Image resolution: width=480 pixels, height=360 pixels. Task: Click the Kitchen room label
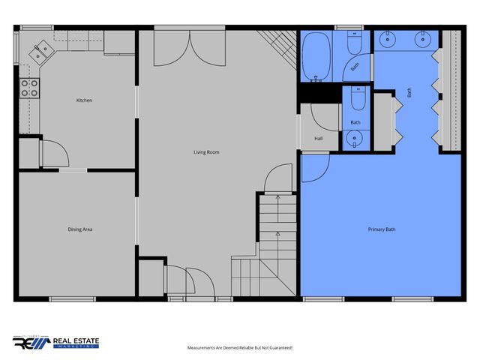tap(84, 100)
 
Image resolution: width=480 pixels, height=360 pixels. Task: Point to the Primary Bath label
tap(381, 229)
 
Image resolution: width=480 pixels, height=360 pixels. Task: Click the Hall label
tap(319, 139)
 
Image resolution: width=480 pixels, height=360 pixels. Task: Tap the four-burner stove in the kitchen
tap(29, 88)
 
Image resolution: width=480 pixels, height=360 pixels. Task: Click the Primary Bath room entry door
tap(313, 166)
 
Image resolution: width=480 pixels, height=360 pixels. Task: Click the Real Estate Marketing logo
tap(56, 343)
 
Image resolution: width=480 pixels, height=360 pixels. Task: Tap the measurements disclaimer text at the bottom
tap(239, 348)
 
